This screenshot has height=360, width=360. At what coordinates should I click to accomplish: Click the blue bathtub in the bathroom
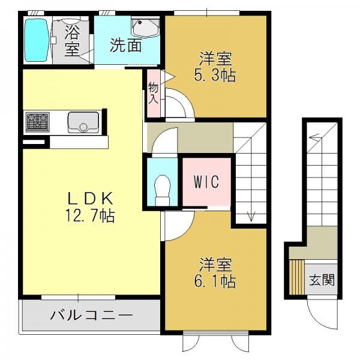pos(37,40)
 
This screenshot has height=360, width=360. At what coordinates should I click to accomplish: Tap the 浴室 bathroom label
pos(72,40)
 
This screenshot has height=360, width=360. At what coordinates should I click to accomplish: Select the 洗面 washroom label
pos(125,45)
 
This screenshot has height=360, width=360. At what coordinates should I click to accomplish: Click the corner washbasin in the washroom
pos(145,28)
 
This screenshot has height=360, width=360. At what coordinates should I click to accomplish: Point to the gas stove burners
pos(37,122)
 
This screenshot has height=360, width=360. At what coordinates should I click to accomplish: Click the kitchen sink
pos(83,122)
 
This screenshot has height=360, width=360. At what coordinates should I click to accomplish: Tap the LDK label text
pos(90,199)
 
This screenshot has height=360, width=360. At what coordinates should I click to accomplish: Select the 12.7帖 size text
pos(90,215)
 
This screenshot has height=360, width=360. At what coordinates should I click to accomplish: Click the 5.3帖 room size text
pos(215,76)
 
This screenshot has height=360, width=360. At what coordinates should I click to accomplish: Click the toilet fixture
pos(163,190)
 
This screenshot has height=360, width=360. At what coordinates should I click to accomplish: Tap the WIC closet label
pos(206,182)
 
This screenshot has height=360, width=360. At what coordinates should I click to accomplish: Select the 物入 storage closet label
pos(153,93)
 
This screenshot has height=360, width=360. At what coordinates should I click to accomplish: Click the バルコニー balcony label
pos(91,314)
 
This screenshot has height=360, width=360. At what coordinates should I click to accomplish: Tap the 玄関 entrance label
pos(322,280)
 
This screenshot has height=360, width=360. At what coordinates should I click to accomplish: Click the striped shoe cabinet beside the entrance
pos(296,277)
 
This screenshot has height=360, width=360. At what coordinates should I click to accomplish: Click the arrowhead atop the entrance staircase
pos(314,137)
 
